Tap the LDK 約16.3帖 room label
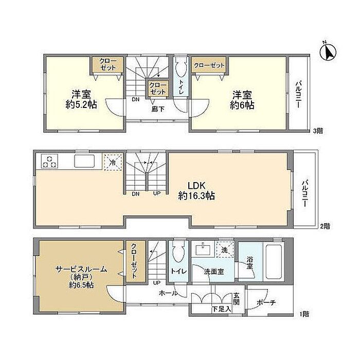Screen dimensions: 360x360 pyautogui.click(x=196, y=191)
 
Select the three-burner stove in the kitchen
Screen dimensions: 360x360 pyautogui.click(x=49, y=161)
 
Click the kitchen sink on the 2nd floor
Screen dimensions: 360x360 pyautogui.click(x=84, y=161)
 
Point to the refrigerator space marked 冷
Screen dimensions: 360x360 pyautogui.click(x=113, y=163)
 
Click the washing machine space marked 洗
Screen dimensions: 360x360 pyautogui.click(x=225, y=249)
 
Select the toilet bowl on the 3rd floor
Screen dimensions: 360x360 pyautogui.click(x=180, y=68)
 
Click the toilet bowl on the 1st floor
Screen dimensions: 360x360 pyautogui.click(x=178, y=251)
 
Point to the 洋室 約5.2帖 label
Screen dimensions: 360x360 pyautogui.click(x=81, y=99)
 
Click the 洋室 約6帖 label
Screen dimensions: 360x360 pyautogui.click(x=242, y=100)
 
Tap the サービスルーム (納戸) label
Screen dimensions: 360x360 pyautogui.click(x=81, y=273)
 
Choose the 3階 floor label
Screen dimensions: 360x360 pyautogui.click(x=318, y=131)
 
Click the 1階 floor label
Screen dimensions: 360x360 pyautogui.click(x=304, y=314)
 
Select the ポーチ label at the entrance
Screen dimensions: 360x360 pyautogui.click(x=266, y=302)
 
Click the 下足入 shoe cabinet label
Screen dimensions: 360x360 pyautogui.click(x=221, y=309)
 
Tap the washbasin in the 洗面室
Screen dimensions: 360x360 pyautogui.click(x=203, y=249)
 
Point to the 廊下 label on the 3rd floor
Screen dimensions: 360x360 pyautogui.click(x=158, y=109)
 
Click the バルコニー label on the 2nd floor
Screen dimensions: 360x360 pyautogui.click(x=304, y=193)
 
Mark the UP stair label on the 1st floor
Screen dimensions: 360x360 pyautogui.click(x=156, y=283)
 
